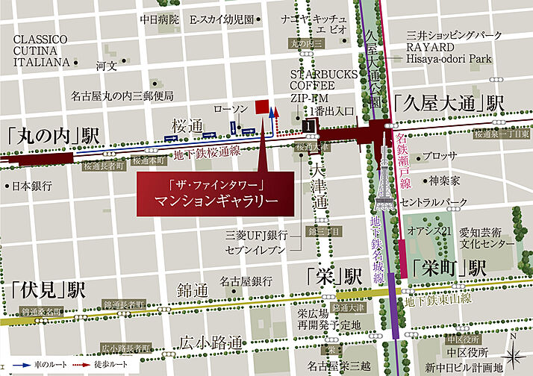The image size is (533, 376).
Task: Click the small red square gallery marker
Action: tap(261, 107)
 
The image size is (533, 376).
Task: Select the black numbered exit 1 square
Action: tap(310, 128)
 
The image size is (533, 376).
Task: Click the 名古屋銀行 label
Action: tap(244, 281)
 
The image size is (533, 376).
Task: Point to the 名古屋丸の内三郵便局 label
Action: tap(122, 95)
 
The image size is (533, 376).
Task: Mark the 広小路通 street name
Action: tap(210, 344)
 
